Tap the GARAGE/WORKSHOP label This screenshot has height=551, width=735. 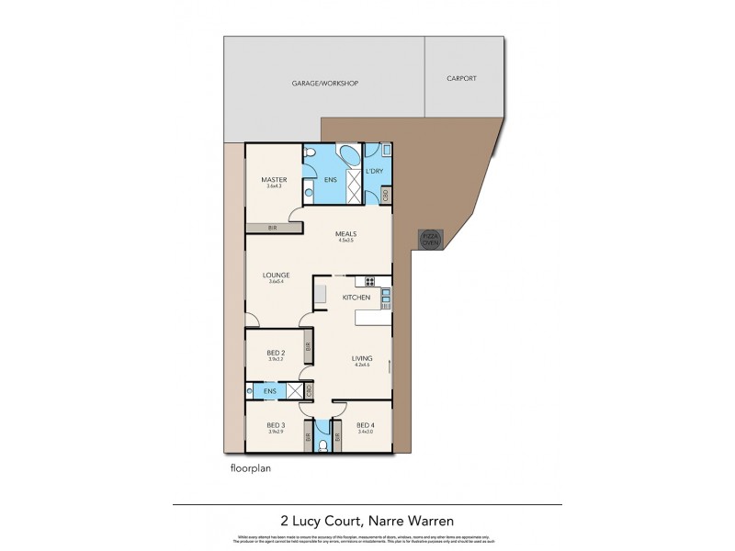(x=324, y=84)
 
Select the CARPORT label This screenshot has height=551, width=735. (x=462, y=79)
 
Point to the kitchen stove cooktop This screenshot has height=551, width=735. (x=371, y=281)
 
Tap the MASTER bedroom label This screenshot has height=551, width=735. (x=275, y=179)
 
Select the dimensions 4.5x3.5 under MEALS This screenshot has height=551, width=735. (x=345, y=242)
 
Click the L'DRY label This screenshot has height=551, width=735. (x=374, y=172)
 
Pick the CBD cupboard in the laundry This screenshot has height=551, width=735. (x=387, y=195)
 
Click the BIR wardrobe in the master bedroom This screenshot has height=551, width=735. (x=273, y=227)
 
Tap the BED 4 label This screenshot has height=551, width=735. (x=365, y=425)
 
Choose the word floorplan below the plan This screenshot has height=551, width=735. (x=252, y=467)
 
